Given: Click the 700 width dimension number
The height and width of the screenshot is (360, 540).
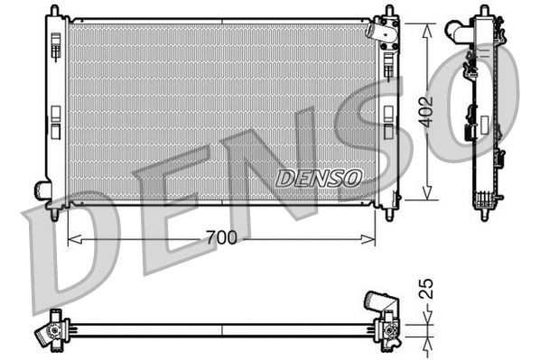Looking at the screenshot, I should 222,238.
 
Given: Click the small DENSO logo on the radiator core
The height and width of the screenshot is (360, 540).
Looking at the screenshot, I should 318,178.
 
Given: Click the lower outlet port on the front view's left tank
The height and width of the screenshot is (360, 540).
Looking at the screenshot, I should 42,190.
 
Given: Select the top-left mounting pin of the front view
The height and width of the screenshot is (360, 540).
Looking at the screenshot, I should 54,10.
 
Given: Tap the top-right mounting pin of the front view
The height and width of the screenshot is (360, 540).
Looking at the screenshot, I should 390,10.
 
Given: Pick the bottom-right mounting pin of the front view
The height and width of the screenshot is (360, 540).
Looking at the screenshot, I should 390,214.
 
